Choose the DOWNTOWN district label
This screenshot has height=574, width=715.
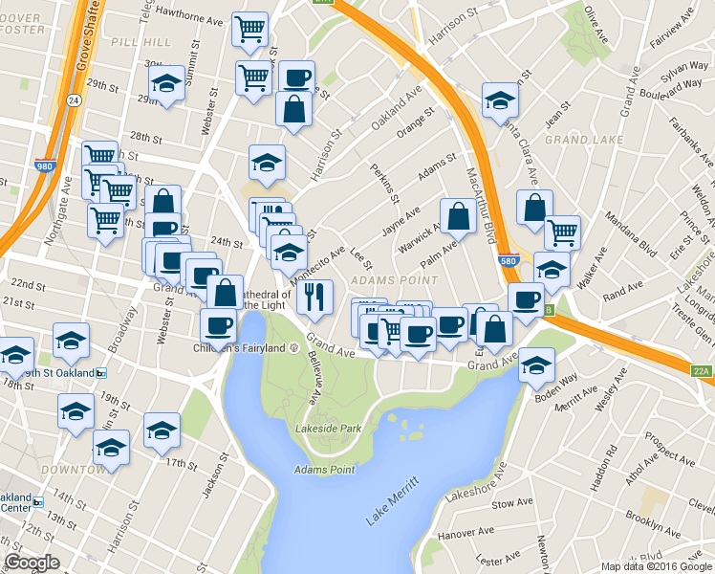(72, 470)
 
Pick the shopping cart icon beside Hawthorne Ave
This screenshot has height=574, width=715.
(249, 28)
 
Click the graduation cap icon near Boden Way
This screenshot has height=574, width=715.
(536, 364)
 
